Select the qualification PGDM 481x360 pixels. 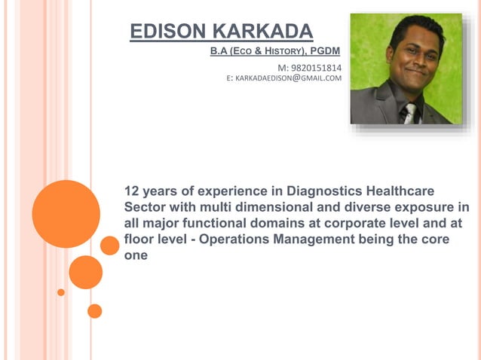pyautogui.click(x=325, y=51)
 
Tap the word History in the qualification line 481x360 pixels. pyautogui.click(x=280, y=51)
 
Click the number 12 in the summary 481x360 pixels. pyautogui.click(x=132, y=190)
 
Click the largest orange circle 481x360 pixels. pyautogui.click(x=66, y=214)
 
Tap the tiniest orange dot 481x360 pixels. pyautogui.click(x=61, y=292)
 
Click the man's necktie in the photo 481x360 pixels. pyautogui.click(x=409, y=114)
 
